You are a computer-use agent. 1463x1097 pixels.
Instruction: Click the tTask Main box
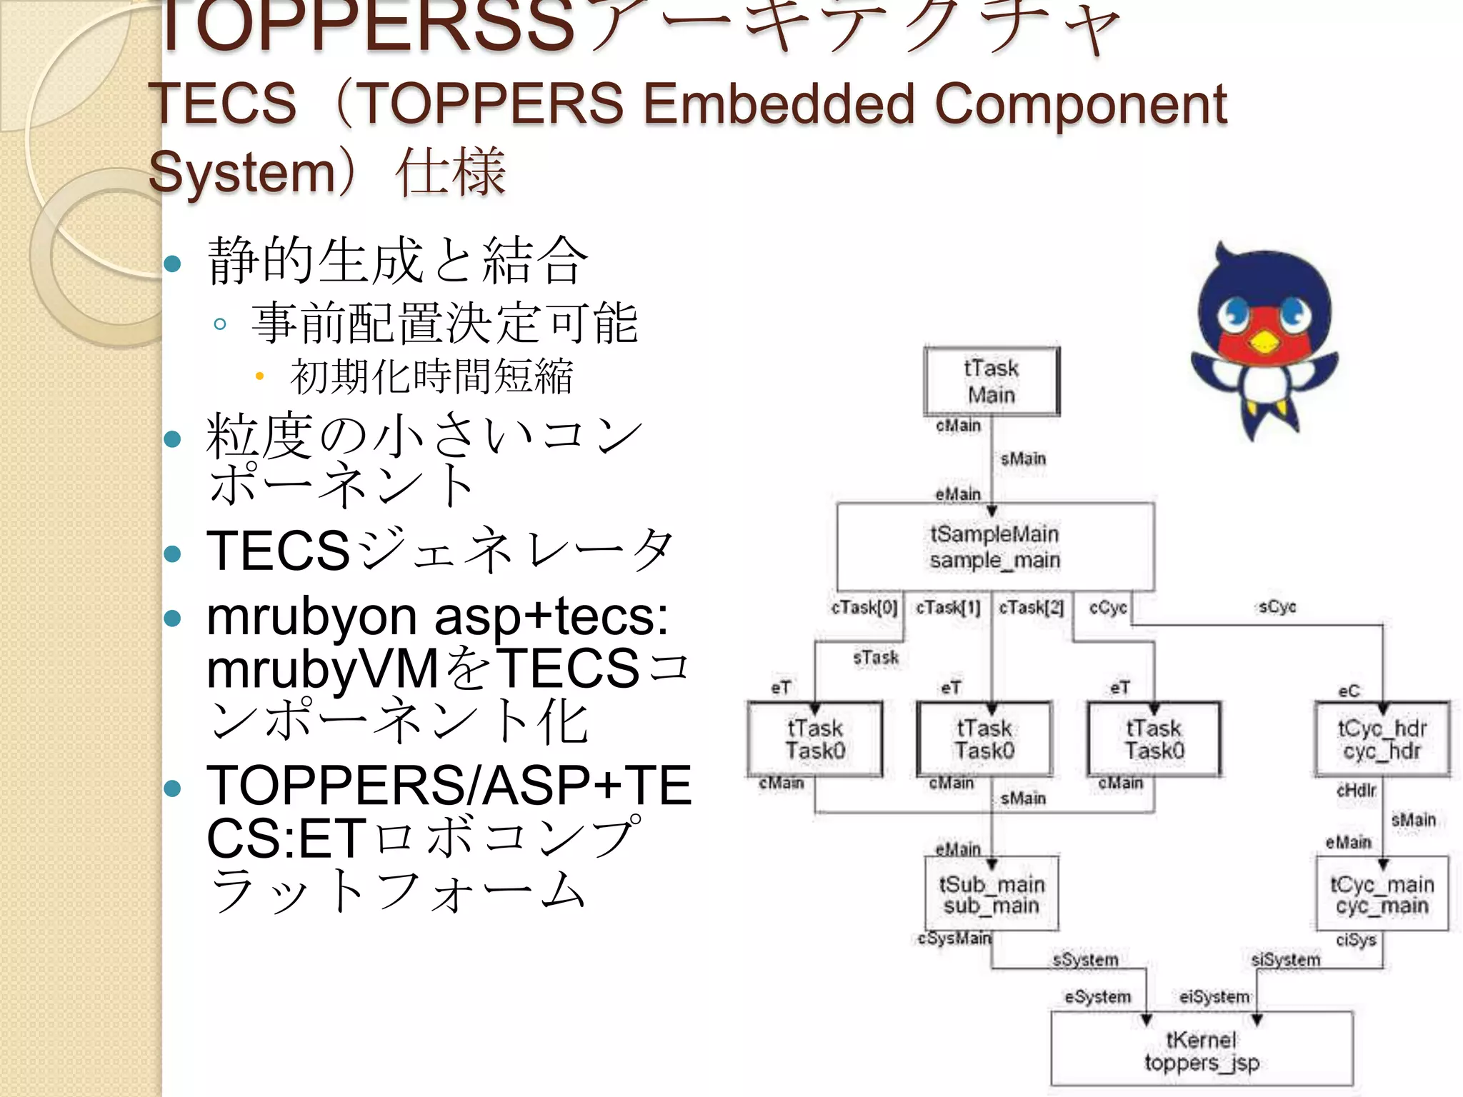(x=991, y=381)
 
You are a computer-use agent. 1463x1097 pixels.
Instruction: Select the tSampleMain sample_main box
(x=994, y=546)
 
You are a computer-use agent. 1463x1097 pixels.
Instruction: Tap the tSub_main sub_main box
(x=991, y=894)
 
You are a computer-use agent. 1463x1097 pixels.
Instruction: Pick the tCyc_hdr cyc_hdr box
(x=1382, y=739)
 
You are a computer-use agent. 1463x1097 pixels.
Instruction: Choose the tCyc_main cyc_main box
(x=1382, y=894)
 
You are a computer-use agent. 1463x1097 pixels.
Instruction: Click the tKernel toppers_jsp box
(x=1202, y=1051)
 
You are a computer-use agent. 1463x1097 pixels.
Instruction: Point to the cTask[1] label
(x=948, y=607)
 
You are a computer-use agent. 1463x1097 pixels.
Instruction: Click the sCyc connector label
(x=1277, y=607)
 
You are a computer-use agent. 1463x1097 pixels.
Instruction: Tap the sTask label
(x=876, y=657)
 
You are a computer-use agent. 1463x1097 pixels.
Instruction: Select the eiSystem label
(x=1214, y=996)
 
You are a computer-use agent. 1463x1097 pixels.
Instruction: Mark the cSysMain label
(x=954, y=938)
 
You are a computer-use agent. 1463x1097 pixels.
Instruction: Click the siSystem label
(x=1285, y=959)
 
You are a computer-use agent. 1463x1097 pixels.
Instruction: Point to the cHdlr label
(x=1356, y=790)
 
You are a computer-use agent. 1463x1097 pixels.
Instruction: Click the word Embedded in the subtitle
(x=778, y=104)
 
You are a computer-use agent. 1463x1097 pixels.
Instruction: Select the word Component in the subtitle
(x=1081, y=104)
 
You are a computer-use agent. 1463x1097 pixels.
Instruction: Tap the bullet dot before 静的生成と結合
(x=172, y=264)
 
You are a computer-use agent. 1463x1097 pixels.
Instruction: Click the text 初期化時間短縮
(x=431, y=376)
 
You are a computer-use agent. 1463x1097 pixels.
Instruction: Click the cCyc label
(x=1107, y=607)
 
